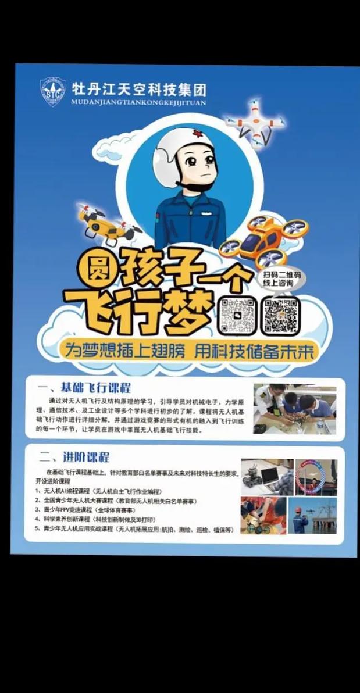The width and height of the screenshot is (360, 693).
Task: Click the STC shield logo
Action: coord(53,92)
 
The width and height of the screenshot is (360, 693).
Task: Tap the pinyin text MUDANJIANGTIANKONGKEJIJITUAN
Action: coord(138,103)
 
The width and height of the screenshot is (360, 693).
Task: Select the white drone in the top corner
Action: coord(256,122)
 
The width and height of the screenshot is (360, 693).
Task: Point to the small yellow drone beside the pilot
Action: coord(109,224)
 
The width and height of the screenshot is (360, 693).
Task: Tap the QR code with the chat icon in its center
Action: coord(237,315)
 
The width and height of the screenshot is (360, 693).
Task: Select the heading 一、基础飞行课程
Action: coord(84,388)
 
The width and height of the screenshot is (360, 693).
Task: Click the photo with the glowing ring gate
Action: coord(316,477)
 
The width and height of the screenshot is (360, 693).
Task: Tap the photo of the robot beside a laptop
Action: coord(266,477)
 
